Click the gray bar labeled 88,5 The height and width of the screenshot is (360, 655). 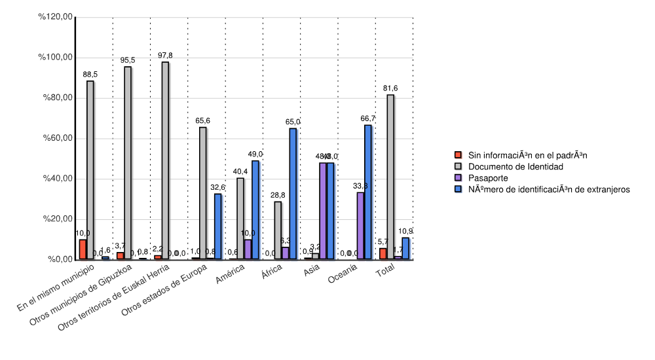pos(90,170)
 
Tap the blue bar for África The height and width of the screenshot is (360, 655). pos(293,194)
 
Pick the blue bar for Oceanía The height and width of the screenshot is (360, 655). pos(367,192)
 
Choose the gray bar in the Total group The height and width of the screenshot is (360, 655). pos(390,177)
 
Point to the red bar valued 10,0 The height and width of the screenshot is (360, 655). pos(83,249)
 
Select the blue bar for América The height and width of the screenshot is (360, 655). pos(255,209)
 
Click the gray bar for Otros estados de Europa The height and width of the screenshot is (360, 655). pos(203,193)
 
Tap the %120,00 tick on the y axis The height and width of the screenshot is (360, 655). pos(57,17)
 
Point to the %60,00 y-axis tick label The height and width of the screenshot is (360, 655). pos(57,138)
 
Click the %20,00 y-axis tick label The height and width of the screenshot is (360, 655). pos(57,219)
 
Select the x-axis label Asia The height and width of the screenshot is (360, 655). pos(311,272)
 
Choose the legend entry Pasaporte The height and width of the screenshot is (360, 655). pos(487,178)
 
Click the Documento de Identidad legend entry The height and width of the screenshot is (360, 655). pos(515,167)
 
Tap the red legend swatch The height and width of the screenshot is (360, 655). pos(458,156)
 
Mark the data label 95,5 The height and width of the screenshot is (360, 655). pos(128,60)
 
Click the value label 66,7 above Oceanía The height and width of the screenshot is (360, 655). pos(367,118)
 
